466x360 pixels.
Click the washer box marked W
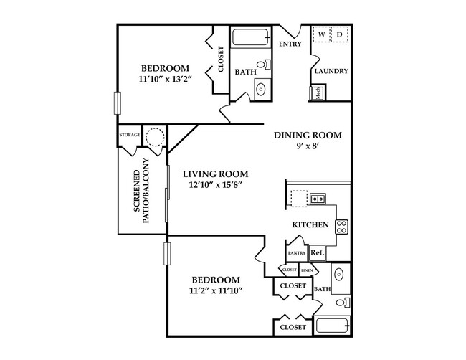321,34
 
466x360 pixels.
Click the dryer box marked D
339,34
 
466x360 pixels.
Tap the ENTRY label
290,44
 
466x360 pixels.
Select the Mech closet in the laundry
318,93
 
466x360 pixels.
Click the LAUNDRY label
331,71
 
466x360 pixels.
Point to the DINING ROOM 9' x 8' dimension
308,146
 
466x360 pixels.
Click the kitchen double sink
318,199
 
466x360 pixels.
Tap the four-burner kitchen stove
342,227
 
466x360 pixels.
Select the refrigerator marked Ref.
318,253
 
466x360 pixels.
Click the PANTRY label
297,253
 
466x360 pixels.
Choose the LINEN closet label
307,270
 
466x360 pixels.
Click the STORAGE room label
130,135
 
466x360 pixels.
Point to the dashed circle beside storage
155,137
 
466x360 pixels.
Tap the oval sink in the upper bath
261,89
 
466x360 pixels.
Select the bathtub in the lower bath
332,325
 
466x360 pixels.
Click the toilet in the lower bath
343,303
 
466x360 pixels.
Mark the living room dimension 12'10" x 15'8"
216,185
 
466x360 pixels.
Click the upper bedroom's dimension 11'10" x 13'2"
165,80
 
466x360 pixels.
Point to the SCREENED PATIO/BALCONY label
141,191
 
